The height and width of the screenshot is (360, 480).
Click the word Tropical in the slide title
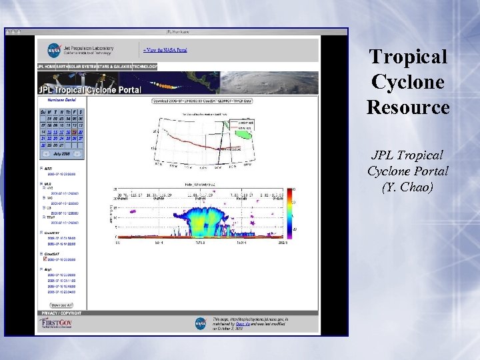pos(408,57)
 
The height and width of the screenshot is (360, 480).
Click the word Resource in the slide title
pos(408,107)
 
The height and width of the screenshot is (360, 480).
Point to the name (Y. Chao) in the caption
pos(408,187)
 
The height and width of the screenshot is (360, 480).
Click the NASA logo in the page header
pos(54,50)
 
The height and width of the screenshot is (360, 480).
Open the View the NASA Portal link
pos(164,49)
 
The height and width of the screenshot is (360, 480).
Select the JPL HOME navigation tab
pos(49,67)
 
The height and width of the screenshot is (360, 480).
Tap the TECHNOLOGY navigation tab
pos(145,67)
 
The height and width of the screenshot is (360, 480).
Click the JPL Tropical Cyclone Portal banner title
pos(89,90)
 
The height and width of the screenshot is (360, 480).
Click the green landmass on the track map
pos(245,135)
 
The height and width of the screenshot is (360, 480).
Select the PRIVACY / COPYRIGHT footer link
pos(61,313)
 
